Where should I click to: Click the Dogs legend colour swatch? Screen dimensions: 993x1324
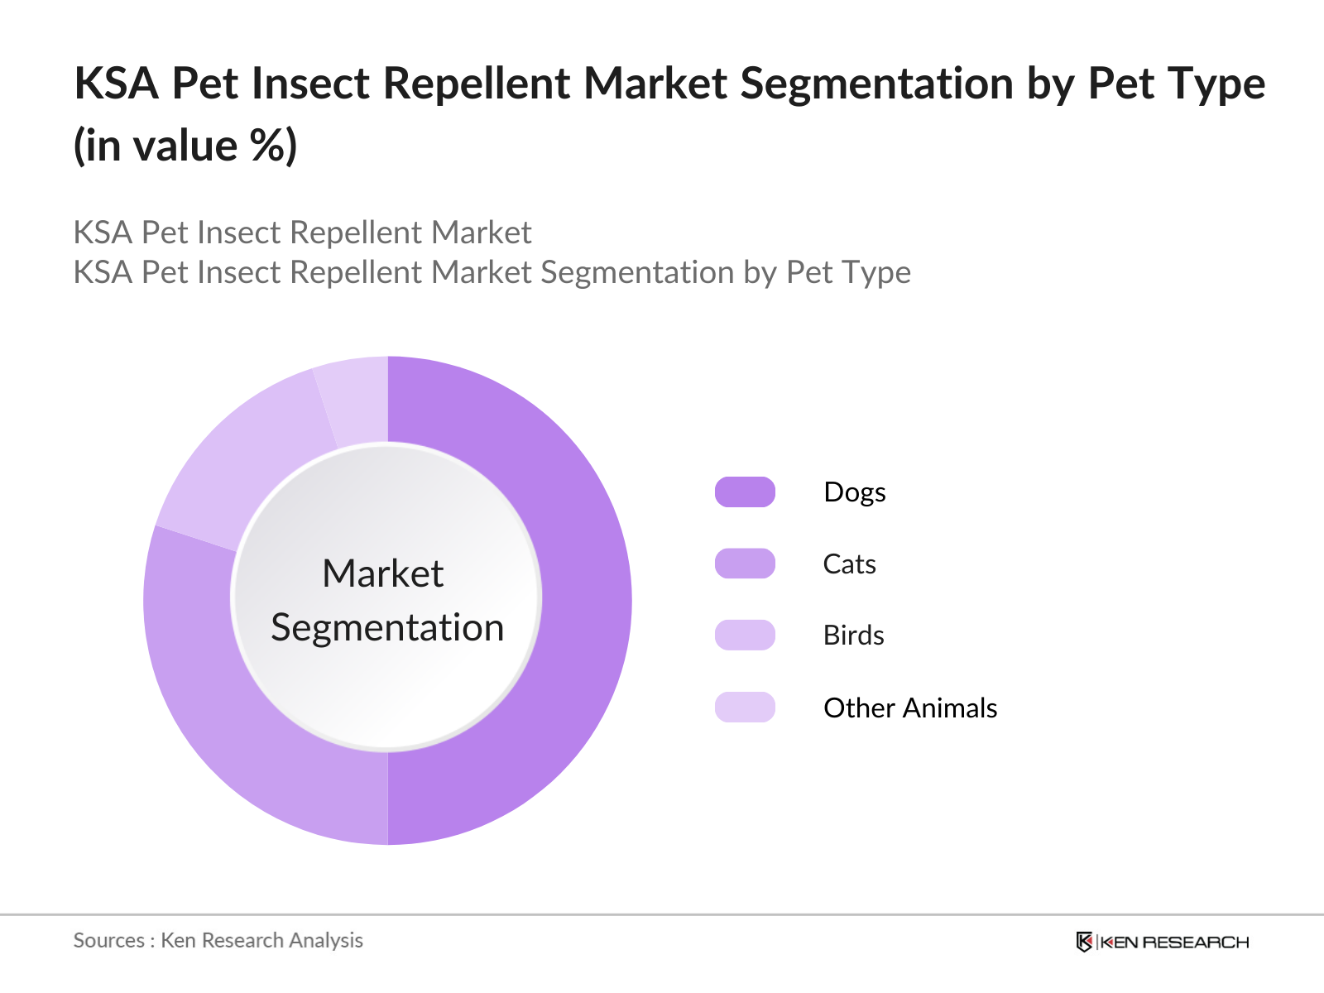pyautogui.click(x=745, y=492)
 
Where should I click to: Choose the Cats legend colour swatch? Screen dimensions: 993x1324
pyautogui.click(x=745, y=564)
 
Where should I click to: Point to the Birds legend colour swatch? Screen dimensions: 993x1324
pyautogui.click(x=745, y=635)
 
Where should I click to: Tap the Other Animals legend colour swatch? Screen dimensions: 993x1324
pyautogui.click(x=745, y=708)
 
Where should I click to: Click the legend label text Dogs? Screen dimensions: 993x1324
pyautogui.click(x=854, y=492)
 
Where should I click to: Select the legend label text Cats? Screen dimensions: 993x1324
pyautogui.click(x=849, y=564)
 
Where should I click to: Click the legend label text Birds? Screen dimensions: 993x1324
pyautogui.click(x=853, y=636)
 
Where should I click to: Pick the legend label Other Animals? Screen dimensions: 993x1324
pyautogui.click(x=909, y=708)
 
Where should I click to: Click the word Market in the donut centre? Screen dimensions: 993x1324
pyautogui.click(x=382, y=573)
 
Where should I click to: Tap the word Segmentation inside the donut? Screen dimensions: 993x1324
pyautogui.click(x=387, y=627)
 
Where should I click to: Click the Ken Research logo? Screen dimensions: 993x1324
pyautogui.click(x=1162, y=942)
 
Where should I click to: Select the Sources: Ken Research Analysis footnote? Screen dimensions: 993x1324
pyautogui.click(x=218, y=940)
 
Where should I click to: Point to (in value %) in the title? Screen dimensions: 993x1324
pyautogui.click(x=185, y=146)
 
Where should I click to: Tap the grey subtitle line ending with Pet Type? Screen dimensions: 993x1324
pyautogui.click(x=492, y=272)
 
